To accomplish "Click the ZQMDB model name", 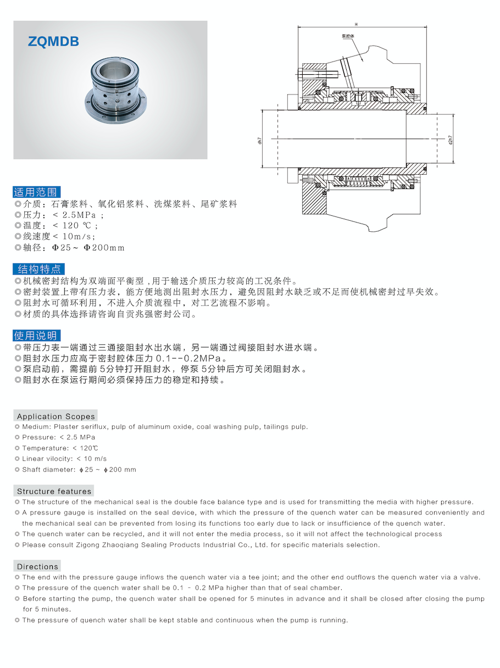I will (53, 41).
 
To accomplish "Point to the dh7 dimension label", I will (259, 140).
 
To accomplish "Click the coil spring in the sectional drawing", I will (360, 180).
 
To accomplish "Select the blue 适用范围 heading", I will (37, 192).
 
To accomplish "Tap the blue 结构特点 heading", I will (38, 269).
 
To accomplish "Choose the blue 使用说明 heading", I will (36, 336).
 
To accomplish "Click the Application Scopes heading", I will (55, 416).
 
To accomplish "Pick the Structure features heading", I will (54, 491).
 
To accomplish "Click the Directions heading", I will (37, 566).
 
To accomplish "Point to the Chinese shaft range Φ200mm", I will (104, 248).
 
